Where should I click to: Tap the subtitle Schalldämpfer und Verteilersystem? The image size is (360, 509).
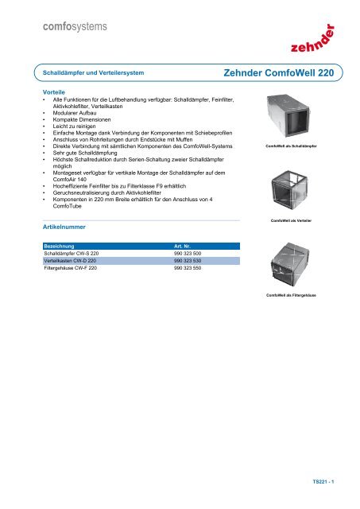tap(93, 73)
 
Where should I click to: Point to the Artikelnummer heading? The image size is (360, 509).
tap(65, 227)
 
